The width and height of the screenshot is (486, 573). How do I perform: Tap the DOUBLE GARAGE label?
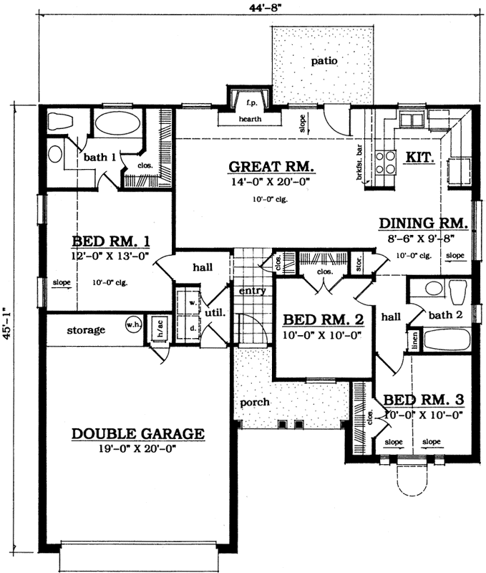click(x=138, y=434)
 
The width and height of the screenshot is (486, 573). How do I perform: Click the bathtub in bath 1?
click(x=115, y=124)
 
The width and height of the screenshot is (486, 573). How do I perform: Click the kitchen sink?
click(x=413, y=119)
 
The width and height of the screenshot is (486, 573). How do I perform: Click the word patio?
click(x=324, y=62)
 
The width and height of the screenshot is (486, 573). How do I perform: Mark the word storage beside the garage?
click(x=87, y=330)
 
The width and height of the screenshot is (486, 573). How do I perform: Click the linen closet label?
click(x=413, y=340)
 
